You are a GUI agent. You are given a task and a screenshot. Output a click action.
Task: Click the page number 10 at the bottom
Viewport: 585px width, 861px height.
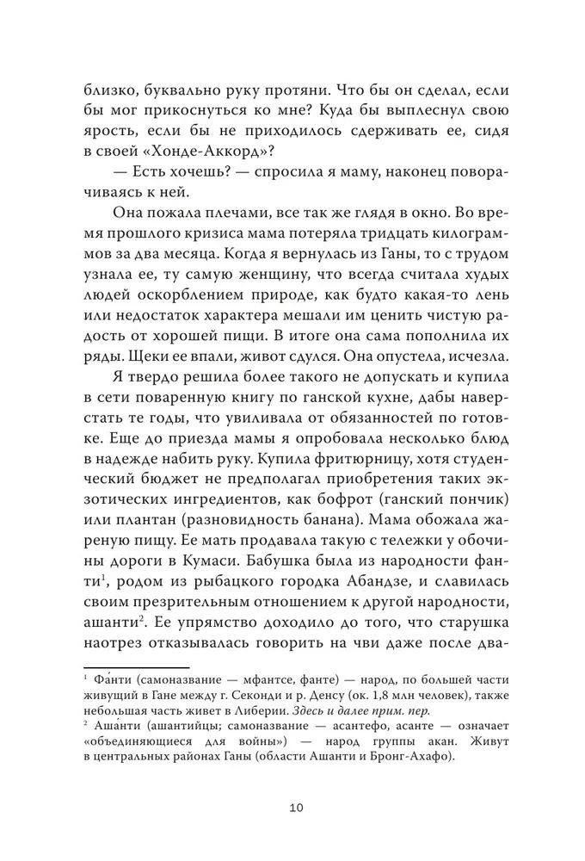click(292, 808)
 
